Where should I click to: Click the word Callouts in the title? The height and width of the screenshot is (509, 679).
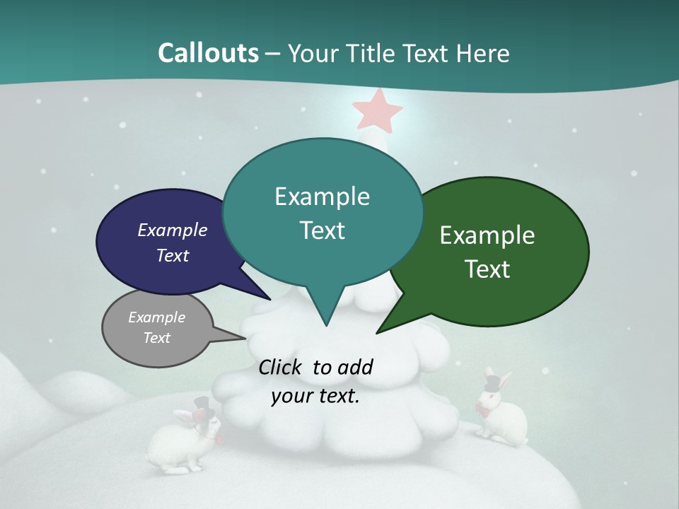tap(208, 53)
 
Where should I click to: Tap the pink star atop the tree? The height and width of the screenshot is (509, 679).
tap(377, 110)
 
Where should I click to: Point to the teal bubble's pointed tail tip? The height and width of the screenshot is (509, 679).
tap(326, 324)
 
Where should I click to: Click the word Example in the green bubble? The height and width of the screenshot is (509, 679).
tap(487, 235)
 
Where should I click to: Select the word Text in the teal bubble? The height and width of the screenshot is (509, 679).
tap(323, 230)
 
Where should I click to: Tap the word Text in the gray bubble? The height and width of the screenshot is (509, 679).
tap(157, 338)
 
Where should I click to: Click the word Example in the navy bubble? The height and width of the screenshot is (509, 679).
tap(173, 230)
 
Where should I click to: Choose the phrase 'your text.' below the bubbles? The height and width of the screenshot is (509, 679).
tap(315, 396)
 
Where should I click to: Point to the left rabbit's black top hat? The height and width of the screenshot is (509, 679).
tap(204, 404)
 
